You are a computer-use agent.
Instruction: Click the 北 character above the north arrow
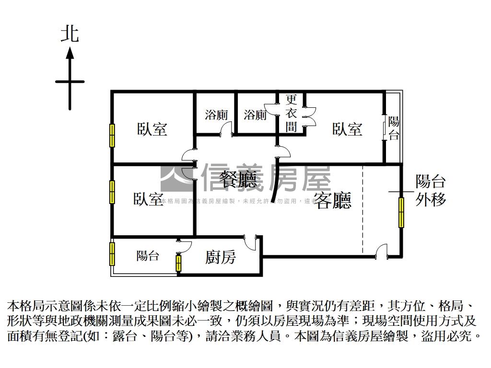point(70,34)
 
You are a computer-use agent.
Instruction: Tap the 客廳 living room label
point(333,200)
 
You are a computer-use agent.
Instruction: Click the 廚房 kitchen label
point(221,257)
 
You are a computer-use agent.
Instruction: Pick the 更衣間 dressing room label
point(291,113)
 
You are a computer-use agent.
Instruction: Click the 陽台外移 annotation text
point(431,190)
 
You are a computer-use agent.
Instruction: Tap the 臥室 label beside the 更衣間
point(347,129)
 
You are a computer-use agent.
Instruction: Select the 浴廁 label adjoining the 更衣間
point(255,115)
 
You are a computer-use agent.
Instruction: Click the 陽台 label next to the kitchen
point(148,256)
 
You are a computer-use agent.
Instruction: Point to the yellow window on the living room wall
point(401,211)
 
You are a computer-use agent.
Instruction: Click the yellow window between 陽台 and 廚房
point(178,263)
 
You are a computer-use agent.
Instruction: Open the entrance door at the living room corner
point(381,252)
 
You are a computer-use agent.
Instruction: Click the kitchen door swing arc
point(250,242)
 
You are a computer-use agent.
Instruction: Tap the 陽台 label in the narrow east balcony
point(394,127)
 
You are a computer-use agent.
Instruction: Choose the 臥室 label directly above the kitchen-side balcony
point(149,199)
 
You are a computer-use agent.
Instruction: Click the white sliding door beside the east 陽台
point(384,126)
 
